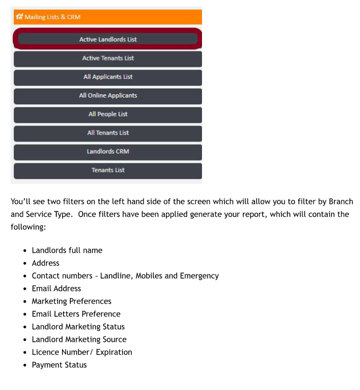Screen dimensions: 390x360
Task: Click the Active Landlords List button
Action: coord(108,39)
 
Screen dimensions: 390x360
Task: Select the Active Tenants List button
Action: coord(108,58)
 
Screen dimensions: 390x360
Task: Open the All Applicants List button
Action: coord(108,77)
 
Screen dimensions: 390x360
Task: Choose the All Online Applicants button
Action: coord(108,95)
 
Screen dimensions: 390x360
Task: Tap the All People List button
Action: coord(108,114)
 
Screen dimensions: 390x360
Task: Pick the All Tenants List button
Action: coord(108,132)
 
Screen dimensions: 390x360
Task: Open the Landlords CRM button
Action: coord(108,152)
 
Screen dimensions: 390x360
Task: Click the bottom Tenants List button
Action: coord(108,170)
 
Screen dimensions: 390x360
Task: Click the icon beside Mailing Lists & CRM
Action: coord(19,17)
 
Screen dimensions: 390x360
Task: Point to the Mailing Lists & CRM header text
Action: coord(52,17)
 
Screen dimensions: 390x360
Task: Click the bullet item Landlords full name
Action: coord(67,250)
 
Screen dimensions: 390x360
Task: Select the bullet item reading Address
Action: coord(46,263)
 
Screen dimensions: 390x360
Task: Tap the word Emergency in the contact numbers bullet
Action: coord(200,276)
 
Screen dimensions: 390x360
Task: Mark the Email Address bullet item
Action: coord(56,288)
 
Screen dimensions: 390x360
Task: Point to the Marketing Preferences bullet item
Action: coord(72,301)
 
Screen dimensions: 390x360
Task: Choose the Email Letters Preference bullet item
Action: coord(76,314)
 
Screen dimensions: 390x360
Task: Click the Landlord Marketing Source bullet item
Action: coord(79,339)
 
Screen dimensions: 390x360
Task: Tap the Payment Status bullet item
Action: coord(59,365)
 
